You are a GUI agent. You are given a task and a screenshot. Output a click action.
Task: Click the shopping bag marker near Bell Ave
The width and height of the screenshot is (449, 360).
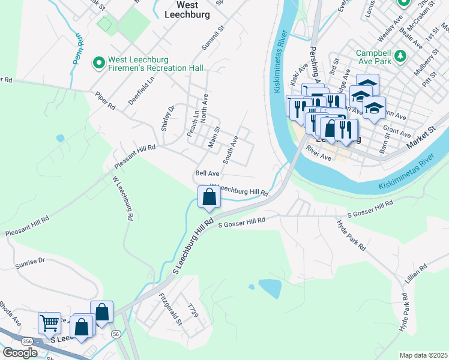(208, 197)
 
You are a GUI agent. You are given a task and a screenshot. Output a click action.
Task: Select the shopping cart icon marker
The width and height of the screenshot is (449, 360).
(49, 323)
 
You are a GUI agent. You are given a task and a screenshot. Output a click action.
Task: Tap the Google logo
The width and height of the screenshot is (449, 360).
(20, 352)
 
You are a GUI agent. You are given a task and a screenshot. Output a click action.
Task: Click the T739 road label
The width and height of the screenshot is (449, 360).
(192, 310)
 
